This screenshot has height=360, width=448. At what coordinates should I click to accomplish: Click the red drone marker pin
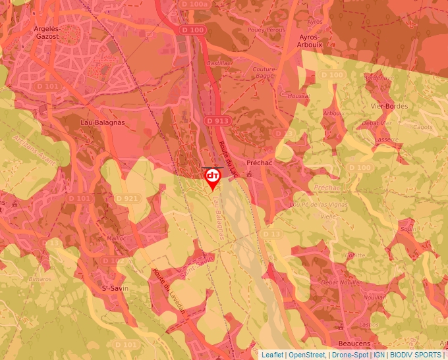(x=213, y=177)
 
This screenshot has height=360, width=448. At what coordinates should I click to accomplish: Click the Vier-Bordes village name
(x=389, y=106)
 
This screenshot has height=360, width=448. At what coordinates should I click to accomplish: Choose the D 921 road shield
(x=126, y=198)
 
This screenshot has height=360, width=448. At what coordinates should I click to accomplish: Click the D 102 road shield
(x=113, y=261)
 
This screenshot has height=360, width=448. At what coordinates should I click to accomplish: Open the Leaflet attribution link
(x=272, y=355)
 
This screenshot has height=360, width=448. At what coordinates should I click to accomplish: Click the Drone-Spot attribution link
(x=350, y=355)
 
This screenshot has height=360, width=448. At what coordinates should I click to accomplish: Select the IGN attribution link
(x=379, y=355)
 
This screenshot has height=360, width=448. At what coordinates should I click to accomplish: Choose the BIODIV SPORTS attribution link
(x=415, y=355)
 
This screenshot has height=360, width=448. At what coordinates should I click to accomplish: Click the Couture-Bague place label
(x=264, y=72)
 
